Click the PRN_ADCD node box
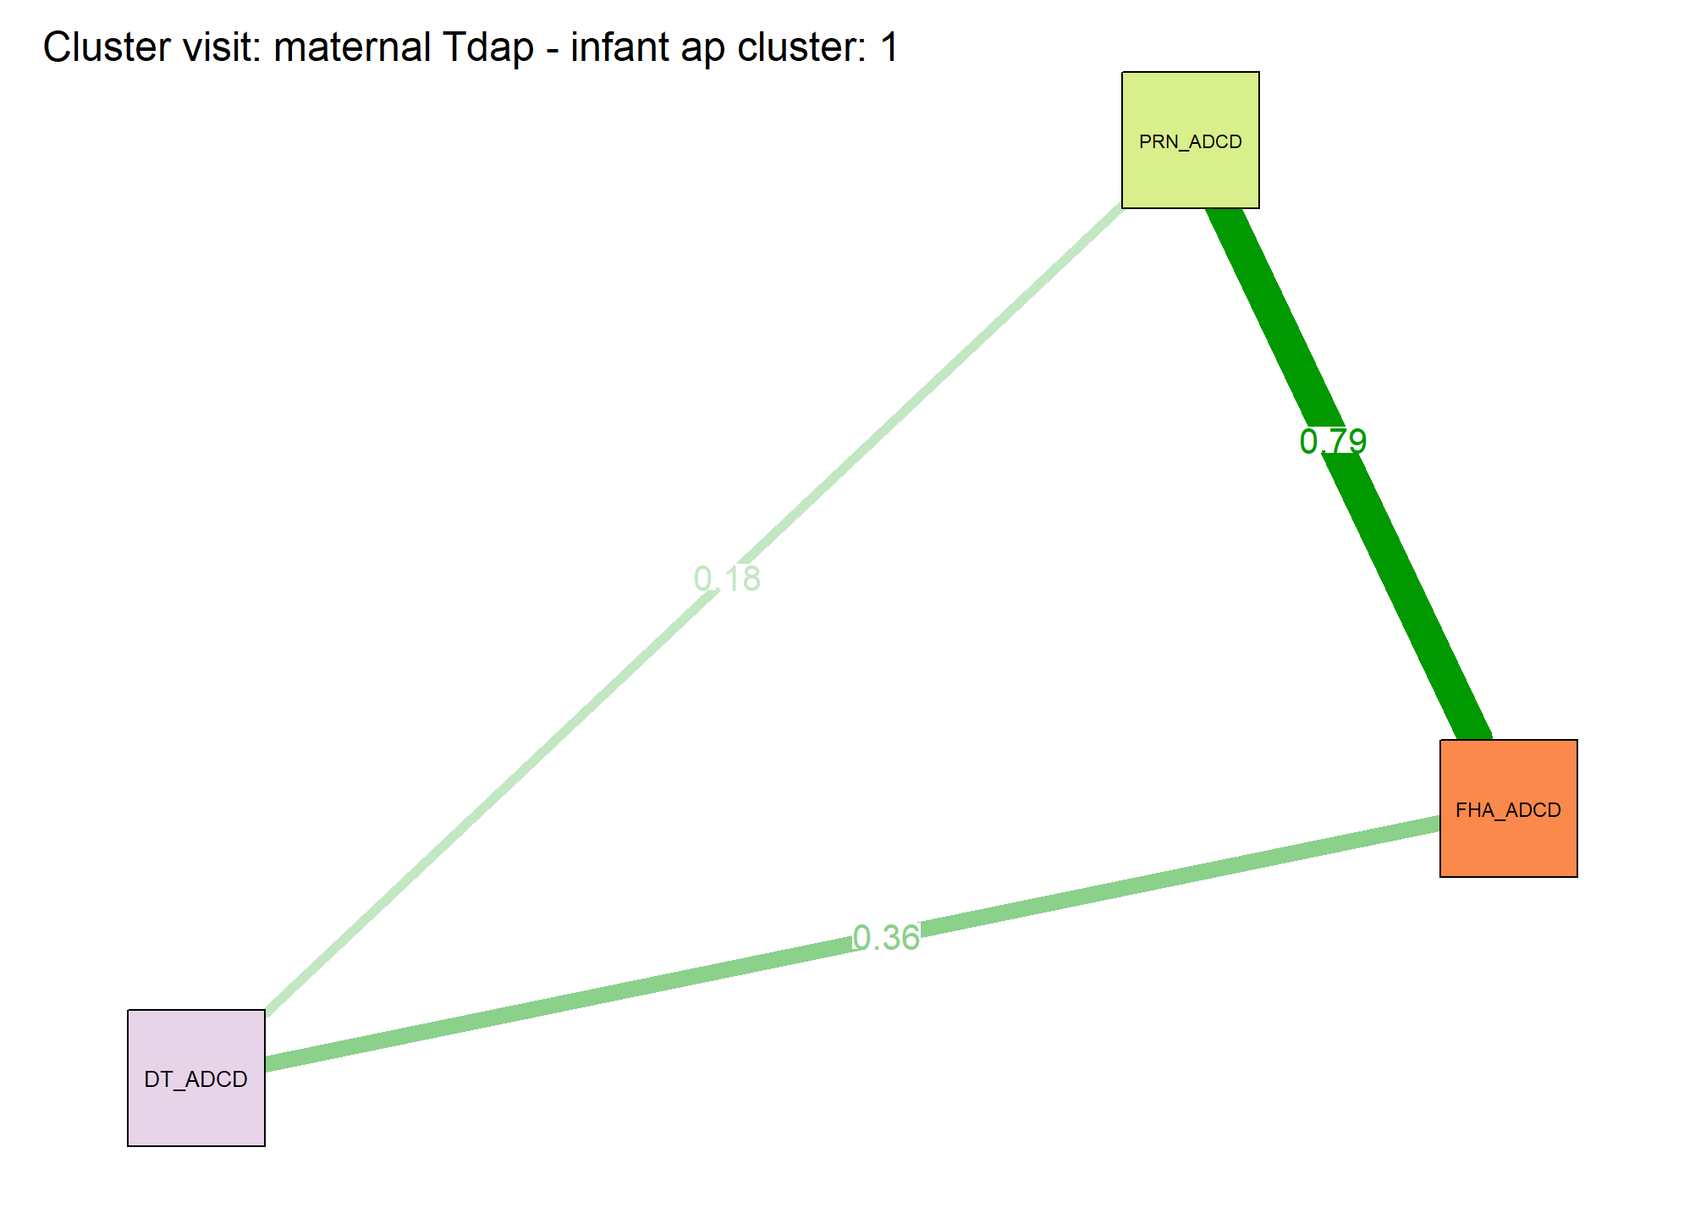1191,140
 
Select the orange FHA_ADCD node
1509,808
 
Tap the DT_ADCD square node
196,1078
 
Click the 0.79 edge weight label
1333,441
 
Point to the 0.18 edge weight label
727,579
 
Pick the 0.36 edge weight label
886,938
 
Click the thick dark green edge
1349,474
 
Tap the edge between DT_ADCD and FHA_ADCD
853,944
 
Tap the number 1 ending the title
889,47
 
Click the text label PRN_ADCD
1191,142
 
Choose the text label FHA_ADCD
1509,811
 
